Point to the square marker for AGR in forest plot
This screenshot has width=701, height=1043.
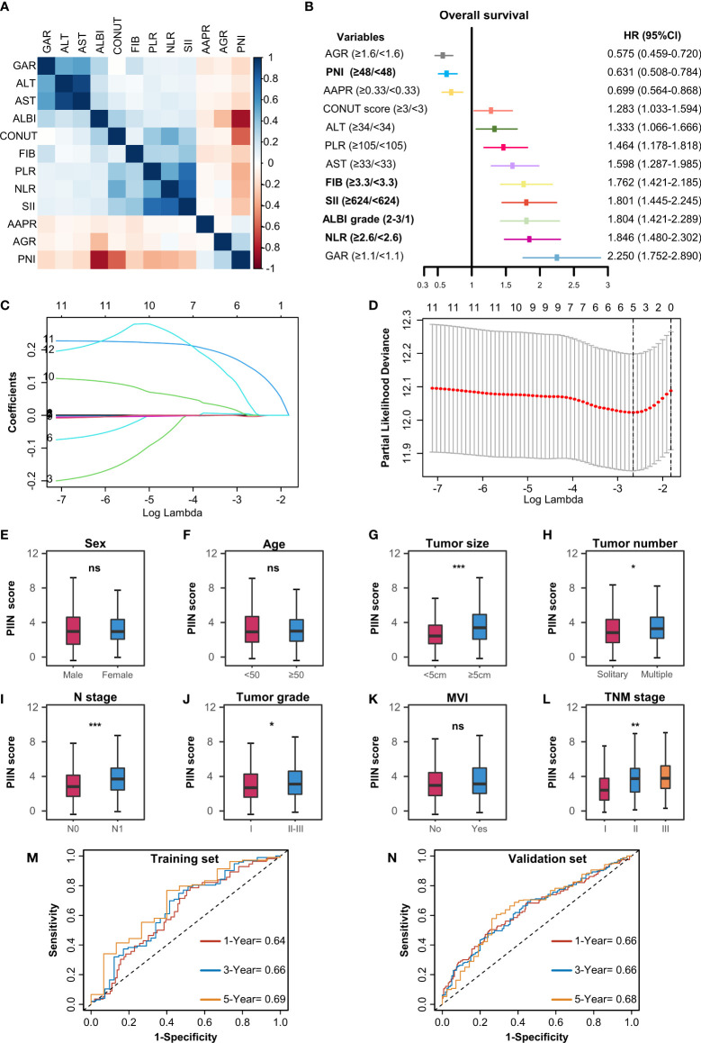point(438,55)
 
